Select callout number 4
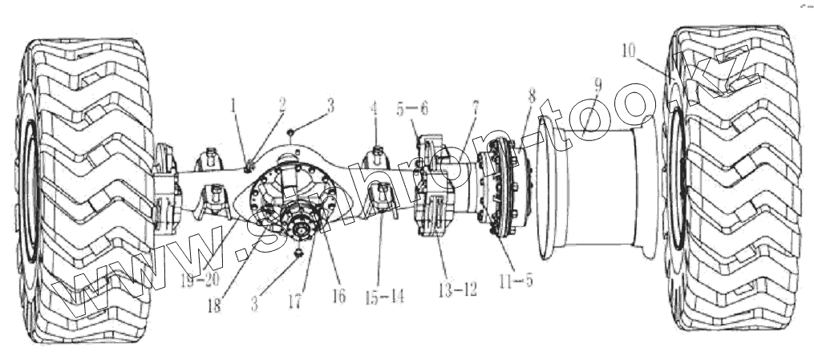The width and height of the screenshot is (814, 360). (373, 106)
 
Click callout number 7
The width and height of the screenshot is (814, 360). (476, 107)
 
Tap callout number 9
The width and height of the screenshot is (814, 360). (597, 84)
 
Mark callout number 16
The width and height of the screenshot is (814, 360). (338, 296)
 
